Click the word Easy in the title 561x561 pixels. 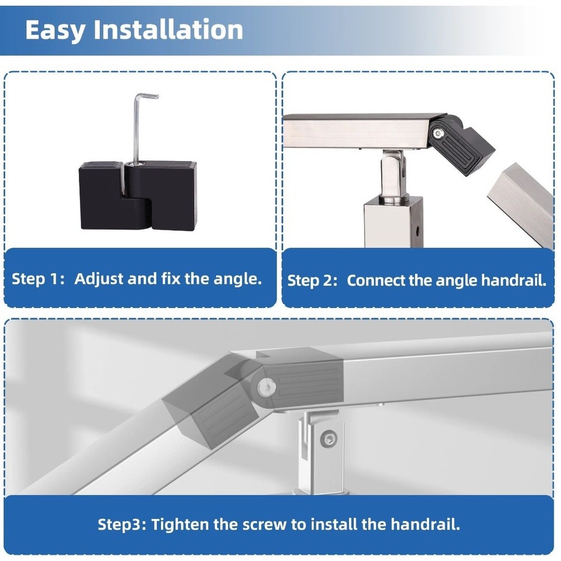[x=56, y=30]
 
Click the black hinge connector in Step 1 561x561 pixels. [x=138, y=195]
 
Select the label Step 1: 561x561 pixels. [x=38, y=279]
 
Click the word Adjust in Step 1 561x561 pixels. [x=99, y=279]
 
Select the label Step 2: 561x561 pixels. [x=312, y=280]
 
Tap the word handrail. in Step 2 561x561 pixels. [x=514, y=280]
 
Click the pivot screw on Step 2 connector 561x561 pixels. [x=438, y=134]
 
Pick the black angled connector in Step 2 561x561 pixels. [x=460, y=144]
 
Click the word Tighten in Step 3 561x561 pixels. [x=180, y=525]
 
